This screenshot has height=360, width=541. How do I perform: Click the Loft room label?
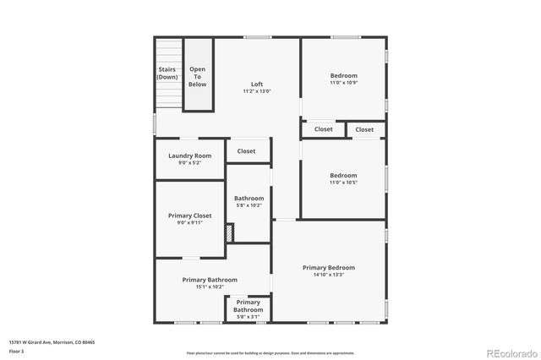coord(257,85)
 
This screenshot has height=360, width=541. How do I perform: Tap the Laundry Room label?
coord(189,155)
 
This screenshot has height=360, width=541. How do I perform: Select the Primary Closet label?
coord(189,215)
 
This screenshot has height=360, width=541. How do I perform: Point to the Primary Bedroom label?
coord(329,268)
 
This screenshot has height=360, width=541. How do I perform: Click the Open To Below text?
coord(197,77)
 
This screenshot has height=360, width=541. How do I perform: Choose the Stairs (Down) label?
coord(167,74)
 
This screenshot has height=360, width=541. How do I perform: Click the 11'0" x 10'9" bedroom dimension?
coord(343,82)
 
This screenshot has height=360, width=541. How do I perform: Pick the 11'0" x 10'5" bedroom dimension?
coord(343,183)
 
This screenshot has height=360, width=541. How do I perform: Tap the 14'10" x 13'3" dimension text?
coord(329,275)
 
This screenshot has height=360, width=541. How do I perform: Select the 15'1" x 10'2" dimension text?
coord(210,286)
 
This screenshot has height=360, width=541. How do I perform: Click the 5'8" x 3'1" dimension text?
coord(249,317)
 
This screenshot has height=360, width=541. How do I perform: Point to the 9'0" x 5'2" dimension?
coord(189,162)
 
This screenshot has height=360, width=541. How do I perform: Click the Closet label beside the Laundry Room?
coord(246,151)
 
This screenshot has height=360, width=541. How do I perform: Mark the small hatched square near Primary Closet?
coord(229,230)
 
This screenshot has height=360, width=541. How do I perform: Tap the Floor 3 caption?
coord(17,351)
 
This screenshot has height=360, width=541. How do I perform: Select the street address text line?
coord(52,342)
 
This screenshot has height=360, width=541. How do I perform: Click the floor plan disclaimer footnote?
coord(270,352)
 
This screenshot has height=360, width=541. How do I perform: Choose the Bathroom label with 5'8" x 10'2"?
coord(249,199)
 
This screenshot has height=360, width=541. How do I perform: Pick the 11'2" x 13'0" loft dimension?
coord(257,91)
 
